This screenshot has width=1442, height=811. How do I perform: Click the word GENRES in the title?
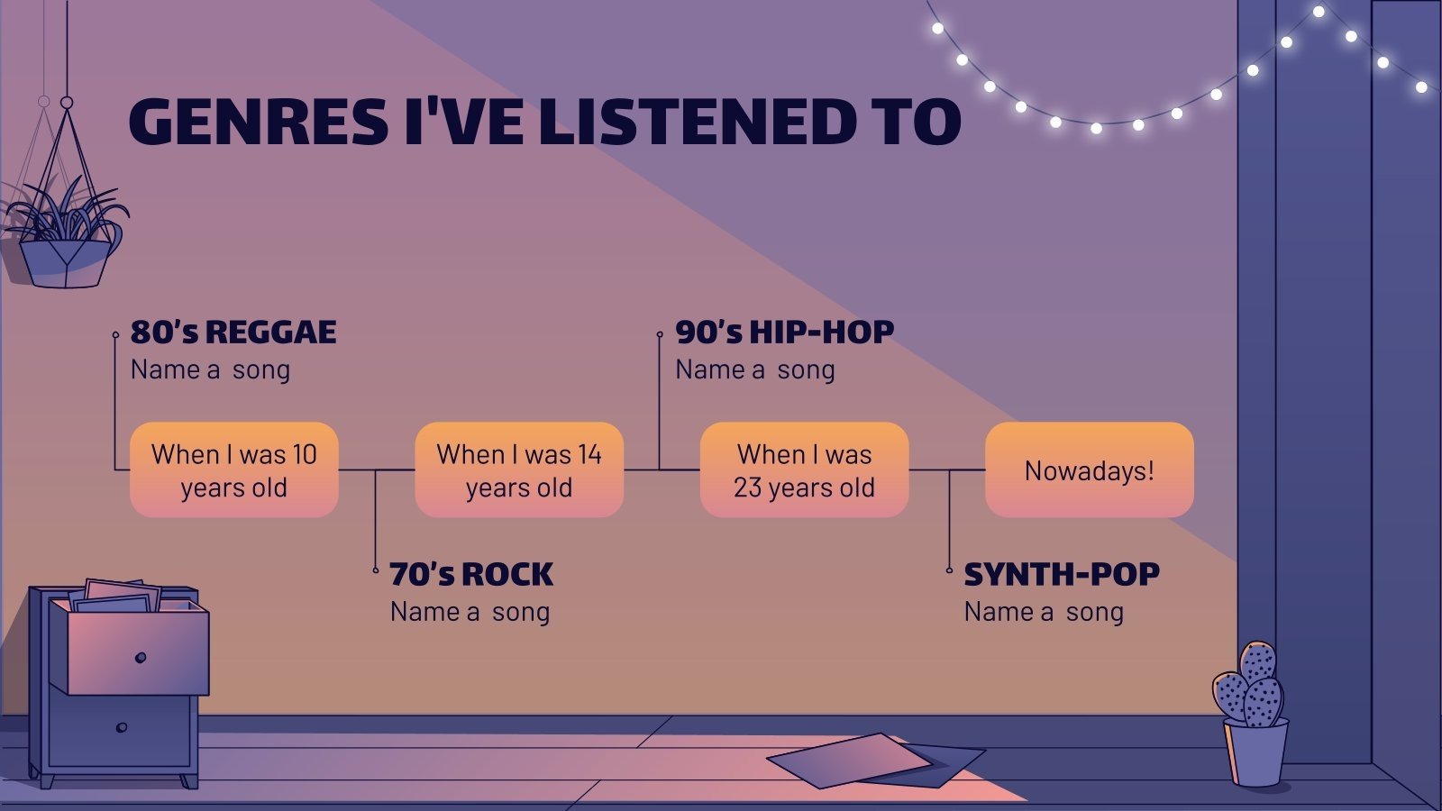tap(259, 122)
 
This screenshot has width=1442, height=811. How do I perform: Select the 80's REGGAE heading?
tap(233, 332)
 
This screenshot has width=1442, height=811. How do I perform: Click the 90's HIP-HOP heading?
tap(784, 332)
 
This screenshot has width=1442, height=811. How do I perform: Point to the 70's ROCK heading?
tap(471, 574)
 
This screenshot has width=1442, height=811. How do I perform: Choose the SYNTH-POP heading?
tap(1062, 574)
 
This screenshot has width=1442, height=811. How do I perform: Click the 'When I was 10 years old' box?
tap(234, 469)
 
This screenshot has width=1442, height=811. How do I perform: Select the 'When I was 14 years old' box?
tap(519, 469)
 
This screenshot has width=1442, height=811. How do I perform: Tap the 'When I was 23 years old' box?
tap(804, 469)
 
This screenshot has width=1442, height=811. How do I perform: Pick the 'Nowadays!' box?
tap(1089, 469)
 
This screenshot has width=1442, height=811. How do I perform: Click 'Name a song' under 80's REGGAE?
tap(210, 369)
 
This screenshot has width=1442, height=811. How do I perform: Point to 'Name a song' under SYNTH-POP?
tap(1044, 612)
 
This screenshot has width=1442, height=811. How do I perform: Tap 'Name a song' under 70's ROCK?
tap(470, 612)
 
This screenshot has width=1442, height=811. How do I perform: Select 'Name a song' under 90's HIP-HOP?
tap(755, 369)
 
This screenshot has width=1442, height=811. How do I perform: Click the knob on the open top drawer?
tap(141, 657)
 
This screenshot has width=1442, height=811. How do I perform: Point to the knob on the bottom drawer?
tap(122, 727)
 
